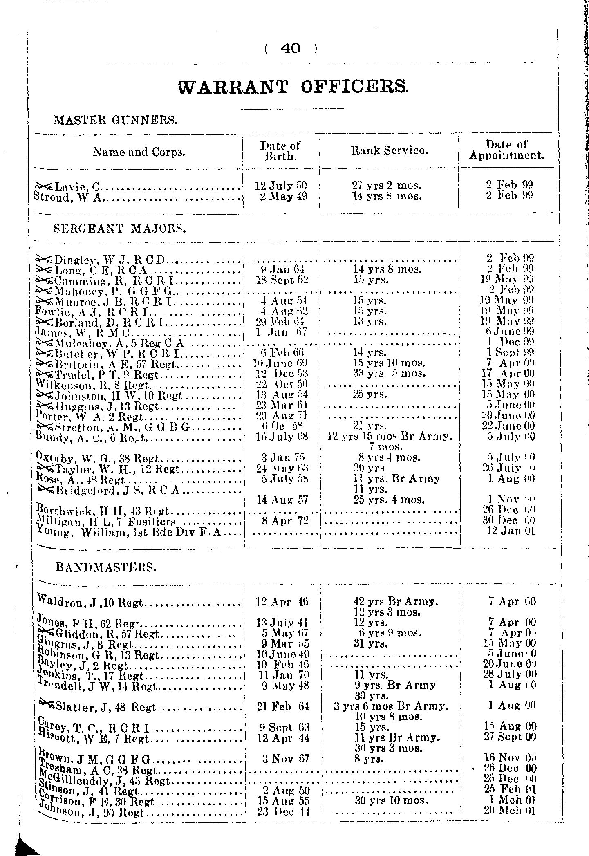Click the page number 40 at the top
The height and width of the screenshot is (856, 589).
click(x=291, y=49)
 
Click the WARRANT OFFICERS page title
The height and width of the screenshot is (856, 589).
click(x=293, y=87)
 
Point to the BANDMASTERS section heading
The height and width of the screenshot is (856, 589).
click(x=105, y=567)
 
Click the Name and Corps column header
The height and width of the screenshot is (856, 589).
click(x=139, y=152)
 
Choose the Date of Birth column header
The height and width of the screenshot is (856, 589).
click(x=280, y=151)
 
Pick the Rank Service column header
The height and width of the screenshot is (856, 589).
click(x=390, y=150)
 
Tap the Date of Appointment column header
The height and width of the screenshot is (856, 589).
click(x=506, y=150)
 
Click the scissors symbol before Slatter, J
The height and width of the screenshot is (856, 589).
click(x=47, y=703)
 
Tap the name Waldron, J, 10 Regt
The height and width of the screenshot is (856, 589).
click(x=90, y=601)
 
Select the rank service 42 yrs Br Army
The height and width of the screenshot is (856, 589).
click(x=395, y=602)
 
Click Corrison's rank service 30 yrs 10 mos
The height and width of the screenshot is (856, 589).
click(x=391, y=800)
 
